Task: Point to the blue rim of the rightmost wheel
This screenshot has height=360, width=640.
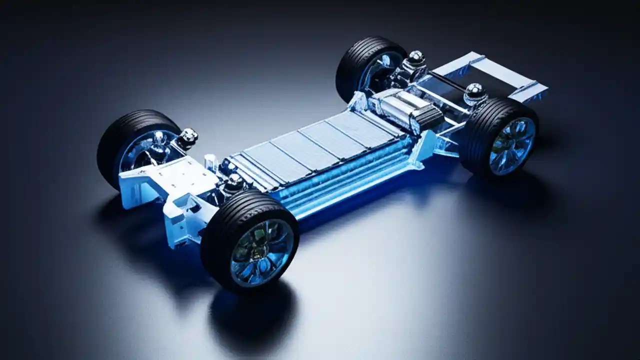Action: pos(512,145)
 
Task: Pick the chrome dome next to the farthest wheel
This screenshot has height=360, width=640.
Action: pos(415,57)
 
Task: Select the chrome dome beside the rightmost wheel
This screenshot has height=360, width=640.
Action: pos(474,91)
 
